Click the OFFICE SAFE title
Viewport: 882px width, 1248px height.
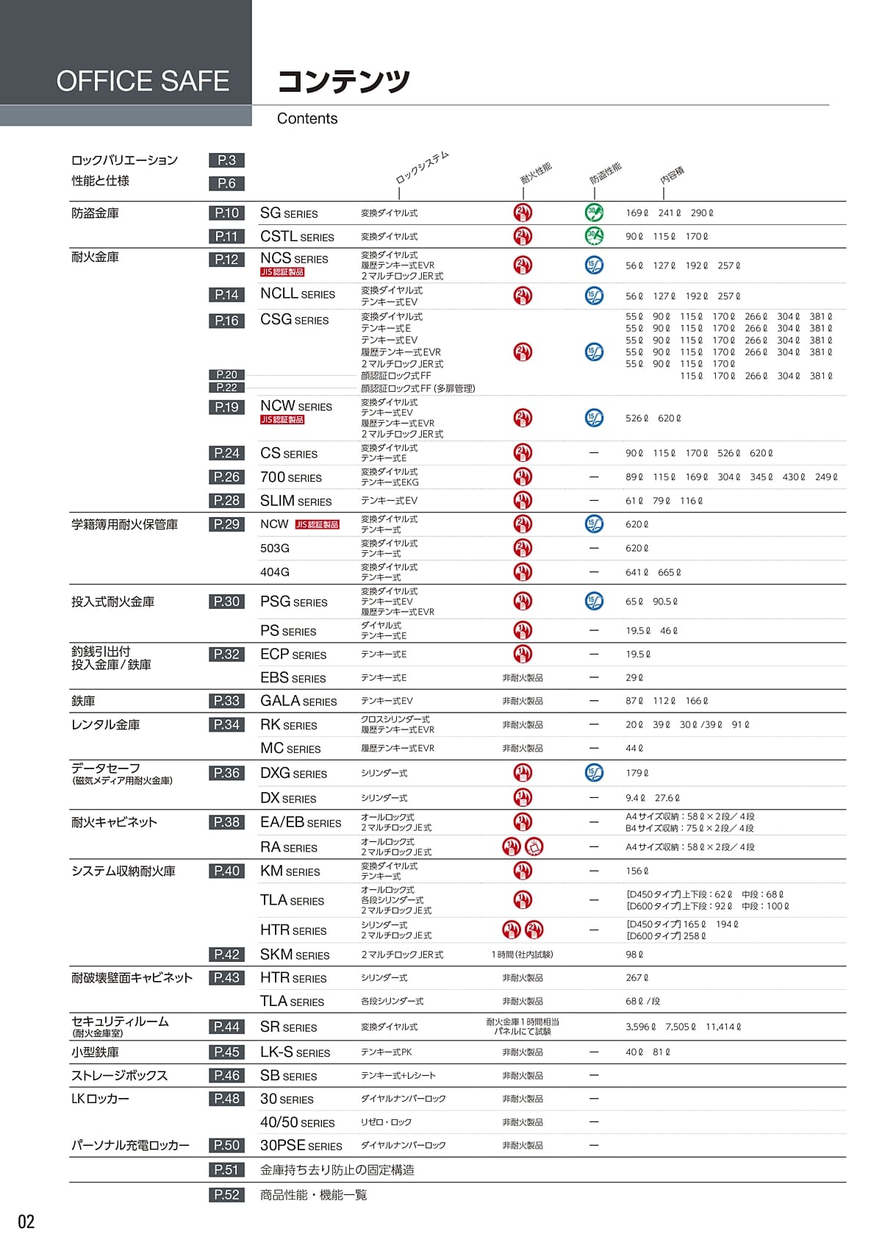[143, 81]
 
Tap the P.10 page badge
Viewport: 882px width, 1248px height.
[226, 213]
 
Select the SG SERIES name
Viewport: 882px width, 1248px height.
[289, 213]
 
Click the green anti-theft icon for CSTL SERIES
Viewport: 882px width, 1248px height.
[594, 236]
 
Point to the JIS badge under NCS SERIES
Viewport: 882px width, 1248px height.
[282, 272]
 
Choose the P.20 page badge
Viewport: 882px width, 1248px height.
[226, 374]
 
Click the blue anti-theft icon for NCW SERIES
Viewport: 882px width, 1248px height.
[594, 418]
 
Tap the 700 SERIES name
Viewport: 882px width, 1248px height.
[291, 477]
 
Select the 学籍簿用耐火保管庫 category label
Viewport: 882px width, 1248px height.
[124, 524]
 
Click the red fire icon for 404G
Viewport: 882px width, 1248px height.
[523, 571]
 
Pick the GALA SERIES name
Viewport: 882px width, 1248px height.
[298, 701]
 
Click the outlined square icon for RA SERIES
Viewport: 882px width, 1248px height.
[534, 846]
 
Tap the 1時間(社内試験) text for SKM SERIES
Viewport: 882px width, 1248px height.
[523, 955]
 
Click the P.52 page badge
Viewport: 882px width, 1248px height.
[226, 1194]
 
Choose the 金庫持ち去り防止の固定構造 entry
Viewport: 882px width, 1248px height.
[337, 1170]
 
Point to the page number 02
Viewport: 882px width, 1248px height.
[26, 1222]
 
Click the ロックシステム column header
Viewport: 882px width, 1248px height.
[422, 168]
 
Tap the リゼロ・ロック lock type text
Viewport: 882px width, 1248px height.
[386, 1122]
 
